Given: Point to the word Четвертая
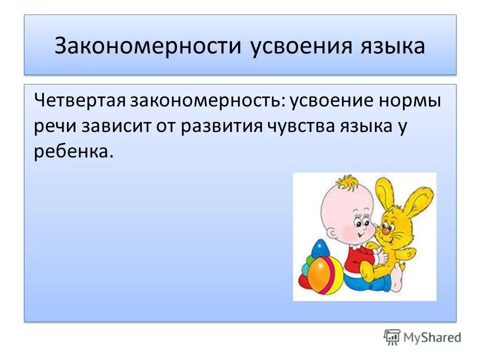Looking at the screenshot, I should point(80,101).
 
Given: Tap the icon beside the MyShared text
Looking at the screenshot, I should point(392,337).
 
